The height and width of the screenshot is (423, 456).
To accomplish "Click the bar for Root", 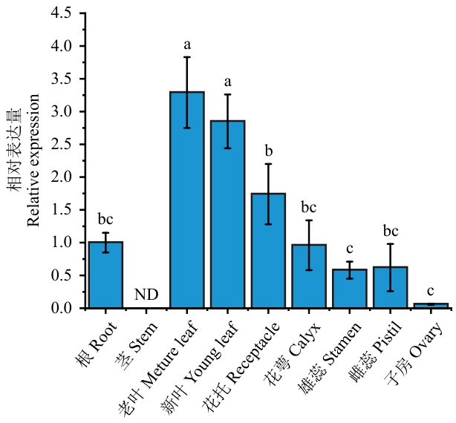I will click(x=105, y=275).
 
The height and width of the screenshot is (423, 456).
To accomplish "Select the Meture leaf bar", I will click(x=186, y=200).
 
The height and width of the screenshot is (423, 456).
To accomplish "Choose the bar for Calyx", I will click(x=308, y=276).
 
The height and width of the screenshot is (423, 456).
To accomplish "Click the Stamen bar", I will click(x=349, y=289).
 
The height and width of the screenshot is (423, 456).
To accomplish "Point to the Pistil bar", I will click(x=390, y=287).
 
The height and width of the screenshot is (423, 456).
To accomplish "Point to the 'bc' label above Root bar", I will click(x=105, y=220).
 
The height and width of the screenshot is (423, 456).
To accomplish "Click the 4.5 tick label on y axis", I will click(x=63, y=13).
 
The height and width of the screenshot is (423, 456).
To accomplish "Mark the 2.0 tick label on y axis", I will click(x=63, y=177).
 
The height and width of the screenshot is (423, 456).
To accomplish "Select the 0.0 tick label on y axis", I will click(x=63, y=308).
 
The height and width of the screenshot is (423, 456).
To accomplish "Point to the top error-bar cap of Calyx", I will click(x=308, y=220).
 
